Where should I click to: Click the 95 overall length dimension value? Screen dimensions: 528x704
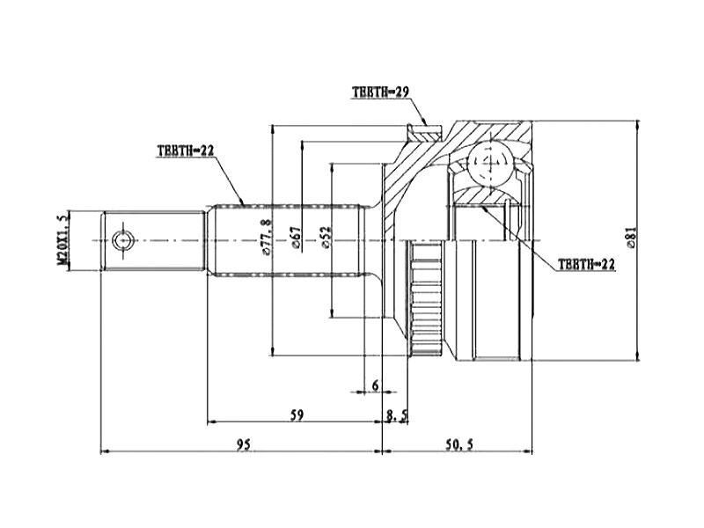tap(244, 444)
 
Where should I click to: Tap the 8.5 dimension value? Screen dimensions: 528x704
tap(398, 414)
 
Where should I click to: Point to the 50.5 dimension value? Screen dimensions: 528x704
tap(458, 444)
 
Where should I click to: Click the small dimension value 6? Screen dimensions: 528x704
tap(376, 385)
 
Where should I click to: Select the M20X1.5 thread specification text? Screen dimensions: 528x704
tap(62, 239)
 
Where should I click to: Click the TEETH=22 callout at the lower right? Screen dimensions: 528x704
tap(586, 263)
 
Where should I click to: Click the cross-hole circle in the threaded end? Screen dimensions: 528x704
tap(121, 240)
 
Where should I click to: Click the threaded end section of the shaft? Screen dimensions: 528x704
tap(154, 240)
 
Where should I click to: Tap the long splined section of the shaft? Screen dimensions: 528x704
tap(286, 240)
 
